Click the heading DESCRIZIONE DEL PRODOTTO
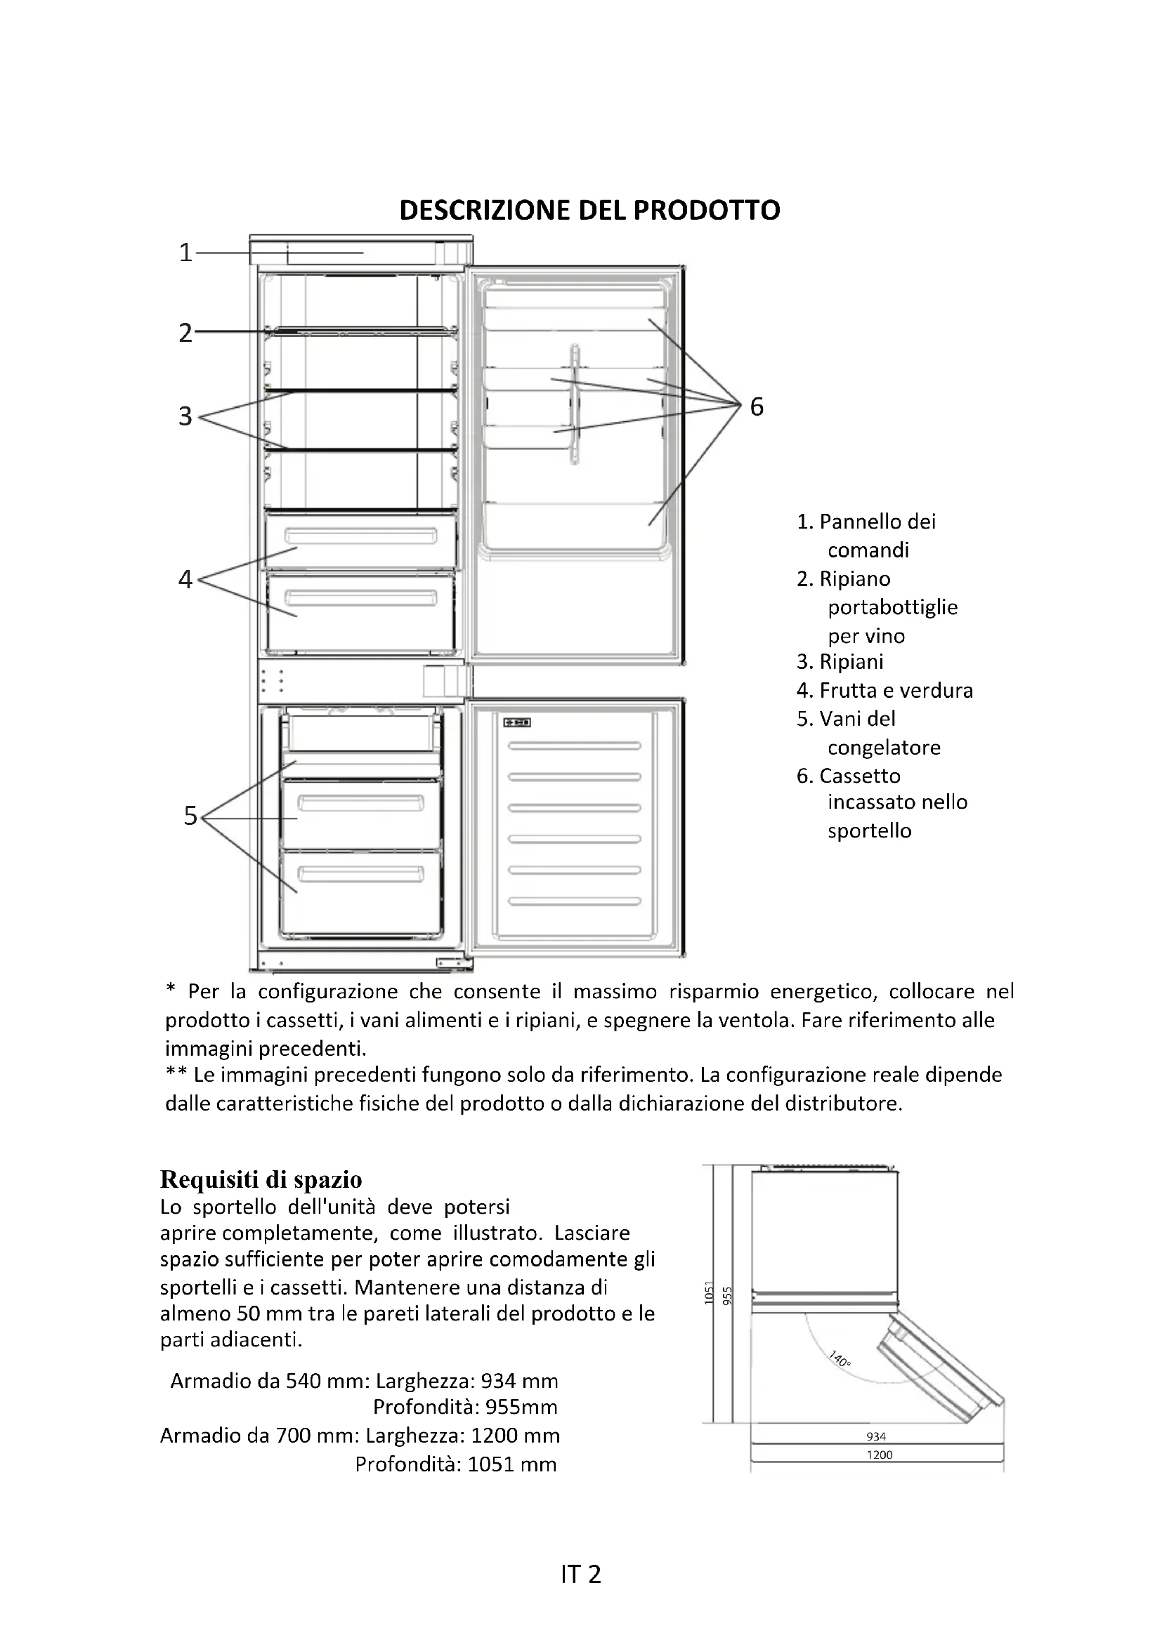tap(589, 211)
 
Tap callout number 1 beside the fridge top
tap(185, 253)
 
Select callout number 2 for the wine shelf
tap(185, 333)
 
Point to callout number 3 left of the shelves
tap(185, 416)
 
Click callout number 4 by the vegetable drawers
tap(185, 578)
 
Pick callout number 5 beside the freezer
tap(190, 815)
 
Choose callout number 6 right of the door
tap(757, 406)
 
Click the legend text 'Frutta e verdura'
tap(896, 690)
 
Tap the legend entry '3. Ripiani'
tap(840, 661)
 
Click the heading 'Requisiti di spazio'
tap(261, 1179)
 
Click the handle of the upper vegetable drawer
tap(360, 536)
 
